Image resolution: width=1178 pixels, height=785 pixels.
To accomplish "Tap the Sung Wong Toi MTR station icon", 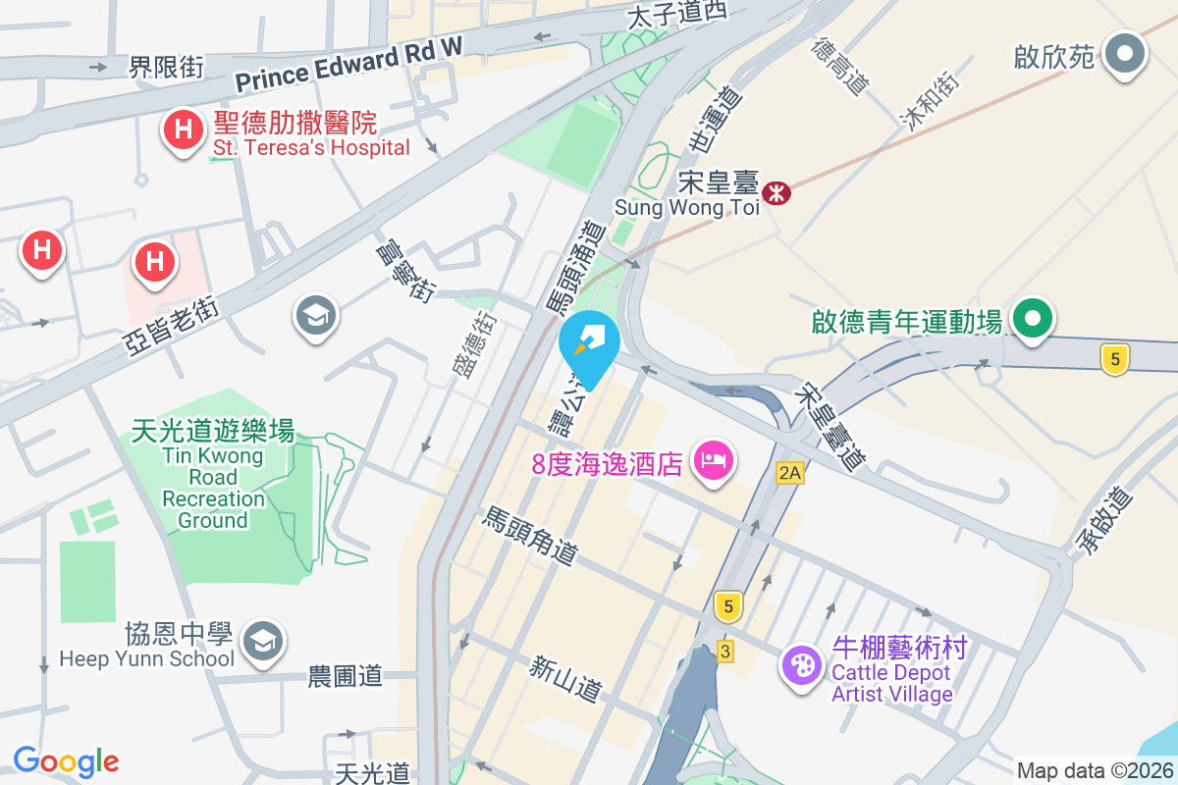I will (x=776, y=192).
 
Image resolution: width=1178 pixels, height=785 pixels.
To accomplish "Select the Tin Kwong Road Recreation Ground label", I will (x=213, y=477).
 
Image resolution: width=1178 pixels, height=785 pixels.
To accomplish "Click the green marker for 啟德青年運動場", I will (x=1033, y=320).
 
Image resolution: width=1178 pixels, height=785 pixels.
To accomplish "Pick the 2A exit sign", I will (x=789, y=473).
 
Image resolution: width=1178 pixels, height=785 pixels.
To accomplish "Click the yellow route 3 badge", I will (x=725, y=651).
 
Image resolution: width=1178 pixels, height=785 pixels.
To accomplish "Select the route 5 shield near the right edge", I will (x=1113, y=358).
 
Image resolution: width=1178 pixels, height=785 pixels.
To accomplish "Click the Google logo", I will (x=66, y=760).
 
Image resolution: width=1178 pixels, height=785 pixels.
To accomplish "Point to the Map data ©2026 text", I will (x=1094, y=770).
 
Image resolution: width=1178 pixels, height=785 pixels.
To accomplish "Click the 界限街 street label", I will (x=167, y=67).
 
